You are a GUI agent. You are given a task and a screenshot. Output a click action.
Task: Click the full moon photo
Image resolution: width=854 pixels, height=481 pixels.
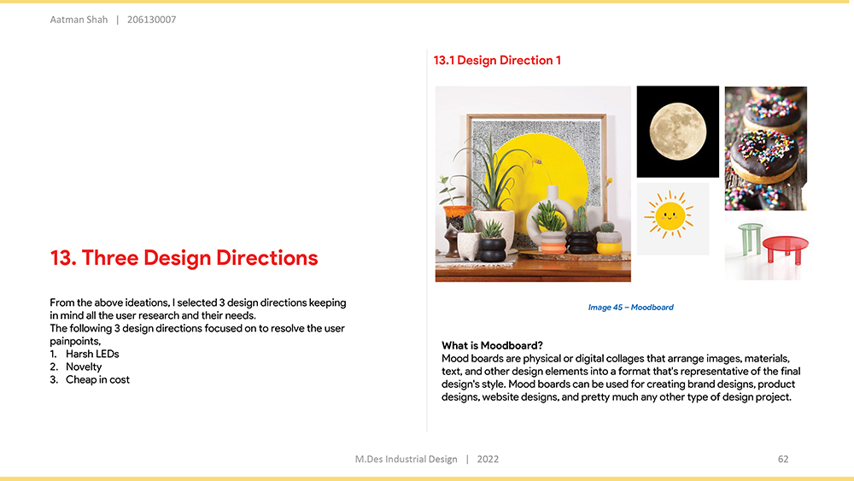677,132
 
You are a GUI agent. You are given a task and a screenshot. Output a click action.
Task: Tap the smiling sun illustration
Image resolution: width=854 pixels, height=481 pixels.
670,215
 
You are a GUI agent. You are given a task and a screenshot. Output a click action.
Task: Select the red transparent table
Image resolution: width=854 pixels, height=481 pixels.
786,249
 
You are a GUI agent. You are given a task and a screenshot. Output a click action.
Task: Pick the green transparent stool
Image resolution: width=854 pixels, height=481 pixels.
751,238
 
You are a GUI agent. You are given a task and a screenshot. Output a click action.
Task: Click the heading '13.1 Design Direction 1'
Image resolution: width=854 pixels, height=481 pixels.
497,61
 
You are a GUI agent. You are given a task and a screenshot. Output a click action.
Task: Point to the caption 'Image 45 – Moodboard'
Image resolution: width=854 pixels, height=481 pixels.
631,308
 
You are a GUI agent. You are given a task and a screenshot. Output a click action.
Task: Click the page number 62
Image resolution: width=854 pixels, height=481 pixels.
783,459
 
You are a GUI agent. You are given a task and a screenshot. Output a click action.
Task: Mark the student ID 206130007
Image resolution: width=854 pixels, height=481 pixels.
151,20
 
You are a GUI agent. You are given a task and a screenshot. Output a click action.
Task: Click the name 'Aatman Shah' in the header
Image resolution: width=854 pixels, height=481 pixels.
79,20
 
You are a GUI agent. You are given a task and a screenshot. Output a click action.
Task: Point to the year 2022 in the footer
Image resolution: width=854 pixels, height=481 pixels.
488,459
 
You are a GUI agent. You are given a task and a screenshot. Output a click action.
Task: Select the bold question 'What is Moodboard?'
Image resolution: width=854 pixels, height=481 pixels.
492,345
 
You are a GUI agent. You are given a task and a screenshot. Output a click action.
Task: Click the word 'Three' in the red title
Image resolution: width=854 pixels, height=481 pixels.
110,258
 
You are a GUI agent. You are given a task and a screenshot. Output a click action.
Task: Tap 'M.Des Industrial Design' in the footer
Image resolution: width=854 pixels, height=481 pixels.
407,459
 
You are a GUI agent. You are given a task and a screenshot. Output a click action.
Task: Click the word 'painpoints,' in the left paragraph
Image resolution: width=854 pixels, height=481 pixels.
75,342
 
